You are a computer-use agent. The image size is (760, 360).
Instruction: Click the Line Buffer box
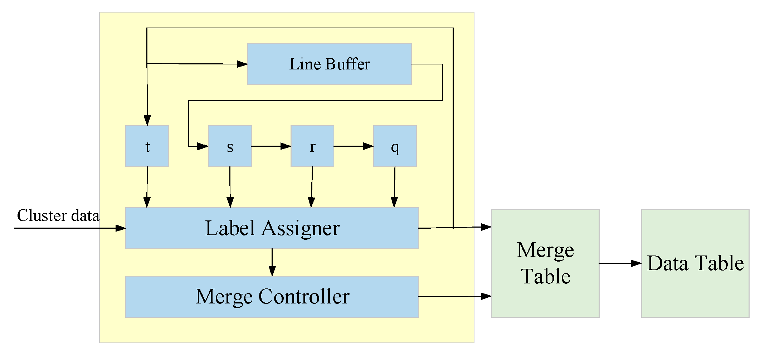pyautogui.click(x=329, y=64)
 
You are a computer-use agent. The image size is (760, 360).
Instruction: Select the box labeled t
pyautogui.click(x=147, y=146)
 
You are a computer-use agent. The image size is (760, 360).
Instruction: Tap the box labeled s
pyautogui.click(x=230, y=146)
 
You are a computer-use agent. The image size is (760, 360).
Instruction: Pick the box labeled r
pyautogui.click(x=312, y=146)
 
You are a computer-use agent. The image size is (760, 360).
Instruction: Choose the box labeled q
pyautogui.click(x=395, y=146)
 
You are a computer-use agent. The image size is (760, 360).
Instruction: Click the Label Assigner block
pyautogui.click(x=272, y=228)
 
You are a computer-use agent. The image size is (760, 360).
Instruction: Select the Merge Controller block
pyautogui.click(x=272, y=297)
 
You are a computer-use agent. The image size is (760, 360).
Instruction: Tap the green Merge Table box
pyautogui.click(x=545, y=263)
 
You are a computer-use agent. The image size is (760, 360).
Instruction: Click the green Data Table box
pyautogui.click(x=695, y=263)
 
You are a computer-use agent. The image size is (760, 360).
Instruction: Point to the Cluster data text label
pyautogui.click(x=58, y=215)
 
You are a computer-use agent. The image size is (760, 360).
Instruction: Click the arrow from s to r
pyautogui.click(x=271, y=146)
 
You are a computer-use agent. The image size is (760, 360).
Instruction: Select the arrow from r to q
pyautogui.click(x=354, y=146)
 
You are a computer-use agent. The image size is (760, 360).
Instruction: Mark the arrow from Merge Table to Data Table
pyautogui.click(x=620, y=263)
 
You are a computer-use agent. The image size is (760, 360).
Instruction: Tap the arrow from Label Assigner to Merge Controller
pyautogui.click(x=272, y=262)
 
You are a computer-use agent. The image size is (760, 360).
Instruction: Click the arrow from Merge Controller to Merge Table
pyautogui.click(x=454, y=296)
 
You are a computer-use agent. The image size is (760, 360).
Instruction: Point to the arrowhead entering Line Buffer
pyautogui.click(x=242, y=64)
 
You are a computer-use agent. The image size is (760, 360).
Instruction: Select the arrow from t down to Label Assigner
pyautogui.click(x=147, y=187)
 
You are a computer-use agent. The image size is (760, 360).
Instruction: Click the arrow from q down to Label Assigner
pyautogui.click(x=395, y=187)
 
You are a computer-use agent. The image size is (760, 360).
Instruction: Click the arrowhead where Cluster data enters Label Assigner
pyautogui.click(x=121, y=228)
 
